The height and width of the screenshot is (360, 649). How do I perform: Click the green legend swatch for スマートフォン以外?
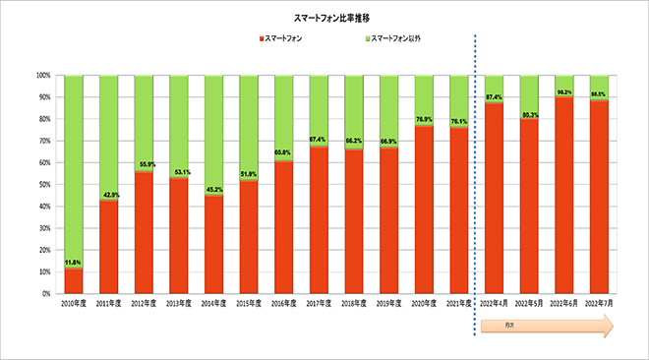pos(368,38)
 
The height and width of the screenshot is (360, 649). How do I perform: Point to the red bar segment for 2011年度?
pos(109,246)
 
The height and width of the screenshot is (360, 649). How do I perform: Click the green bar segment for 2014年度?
pos(214,133)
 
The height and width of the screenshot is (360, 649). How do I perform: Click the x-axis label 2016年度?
pos(284,305)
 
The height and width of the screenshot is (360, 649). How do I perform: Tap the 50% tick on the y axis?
pos(43,184)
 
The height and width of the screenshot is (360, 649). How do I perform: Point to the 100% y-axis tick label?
pos(42,75)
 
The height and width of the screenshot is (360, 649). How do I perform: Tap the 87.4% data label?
pos(494,96)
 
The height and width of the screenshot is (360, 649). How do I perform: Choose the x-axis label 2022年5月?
pos(529,305)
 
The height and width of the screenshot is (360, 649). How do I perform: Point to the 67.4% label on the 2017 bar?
pos(320,140)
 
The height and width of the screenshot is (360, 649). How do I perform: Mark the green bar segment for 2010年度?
pos(74,167)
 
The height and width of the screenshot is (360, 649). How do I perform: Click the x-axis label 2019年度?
pos(389,305)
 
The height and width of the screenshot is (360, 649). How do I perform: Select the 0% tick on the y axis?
pos(45,293)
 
